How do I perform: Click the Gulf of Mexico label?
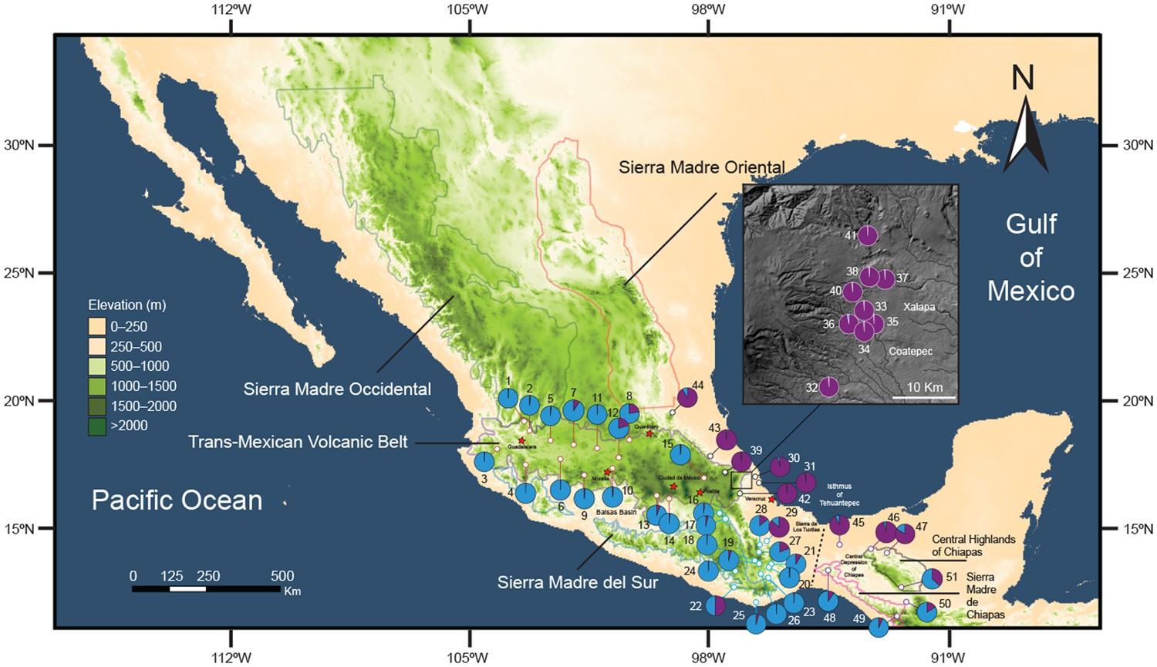point(1031,258)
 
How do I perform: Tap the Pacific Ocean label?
point(177,500)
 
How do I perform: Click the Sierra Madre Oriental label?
point(701,167)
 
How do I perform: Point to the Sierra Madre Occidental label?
point(337,389)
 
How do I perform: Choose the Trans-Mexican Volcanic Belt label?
point(298,442)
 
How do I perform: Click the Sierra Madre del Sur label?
point(577,582)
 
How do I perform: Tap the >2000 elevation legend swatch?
point(97,426)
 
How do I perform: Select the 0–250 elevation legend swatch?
point(97,326)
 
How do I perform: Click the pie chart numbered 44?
point(687,398)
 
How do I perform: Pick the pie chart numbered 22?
point(716,605)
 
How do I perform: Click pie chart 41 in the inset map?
point(868,235)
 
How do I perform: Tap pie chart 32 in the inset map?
point(828,386)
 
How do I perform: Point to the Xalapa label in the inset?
point(919,307)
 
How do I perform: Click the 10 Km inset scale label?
point(924,387)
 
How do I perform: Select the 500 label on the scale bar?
point(282,575)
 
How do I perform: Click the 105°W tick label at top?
point(470,9)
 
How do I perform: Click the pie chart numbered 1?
point(508,398)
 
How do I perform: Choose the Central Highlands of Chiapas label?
point(973,545)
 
